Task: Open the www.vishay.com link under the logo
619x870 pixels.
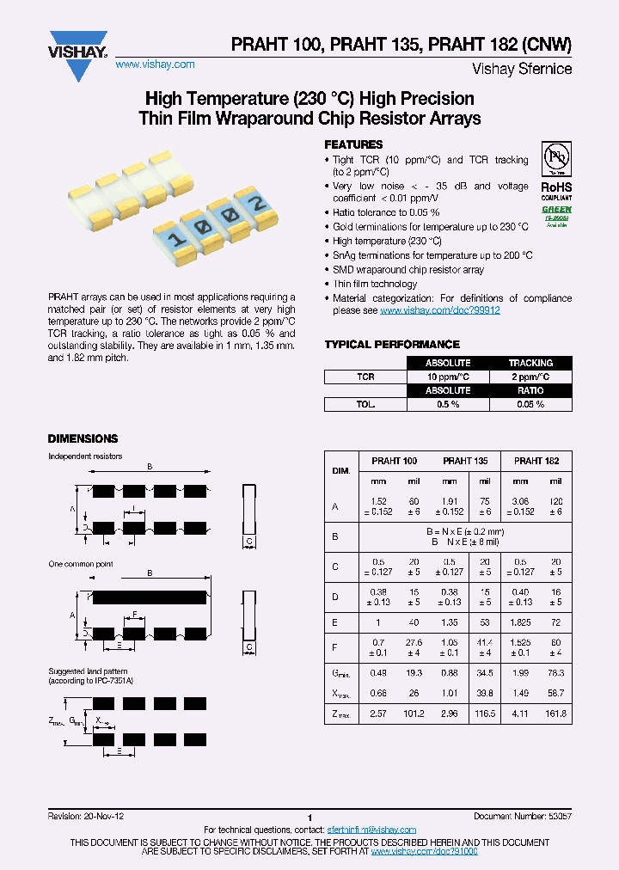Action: point(155,64)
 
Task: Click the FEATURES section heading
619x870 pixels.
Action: point(353,144)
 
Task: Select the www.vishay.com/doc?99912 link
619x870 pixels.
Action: point(439,310)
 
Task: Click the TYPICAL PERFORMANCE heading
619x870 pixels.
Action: point(392,345)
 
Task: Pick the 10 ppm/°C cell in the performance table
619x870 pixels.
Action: point(447,377)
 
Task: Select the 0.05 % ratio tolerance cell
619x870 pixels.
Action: point(530,404)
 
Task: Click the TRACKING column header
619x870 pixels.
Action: point(530,363)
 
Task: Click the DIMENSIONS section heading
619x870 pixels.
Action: point(83,438)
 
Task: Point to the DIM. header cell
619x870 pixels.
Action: point(340,471)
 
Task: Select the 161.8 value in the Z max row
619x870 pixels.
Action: point(556,714)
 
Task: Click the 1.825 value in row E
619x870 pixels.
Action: point(521,622)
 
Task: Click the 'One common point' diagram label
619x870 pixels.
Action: point(81,564)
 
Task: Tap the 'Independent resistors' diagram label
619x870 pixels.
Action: point(85,456)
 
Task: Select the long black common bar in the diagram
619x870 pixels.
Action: point(150,596)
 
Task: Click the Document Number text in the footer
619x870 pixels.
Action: point(522,816)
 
